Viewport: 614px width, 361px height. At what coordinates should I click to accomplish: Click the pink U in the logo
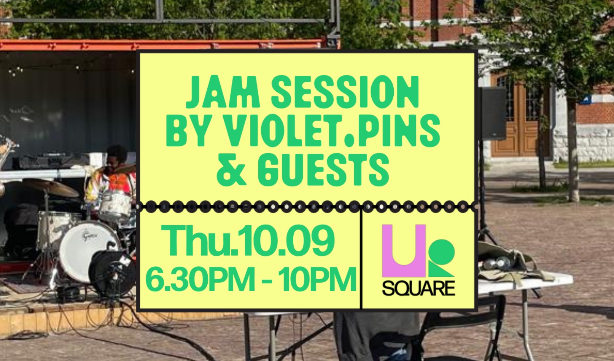coord(404,250)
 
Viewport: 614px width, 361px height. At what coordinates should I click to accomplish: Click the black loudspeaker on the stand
coord(493,113)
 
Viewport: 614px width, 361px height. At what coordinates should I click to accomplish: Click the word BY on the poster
coord(185,131)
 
